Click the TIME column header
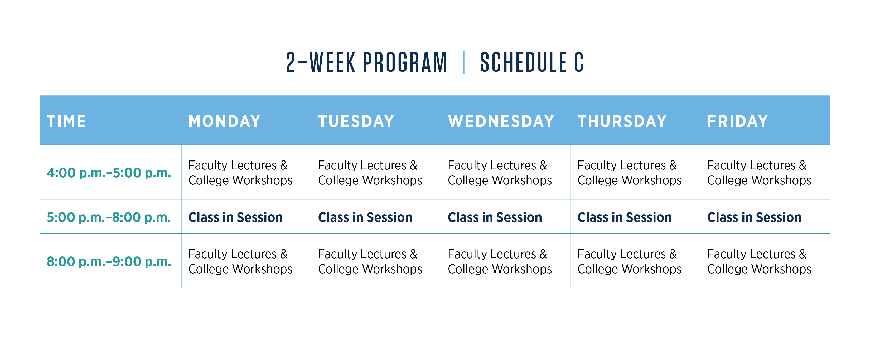(66, 121)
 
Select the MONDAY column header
(225, 121)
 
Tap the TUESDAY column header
(356, 121)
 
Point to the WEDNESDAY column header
(501, 121)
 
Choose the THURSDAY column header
(622, 121)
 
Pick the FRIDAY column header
(738, 121)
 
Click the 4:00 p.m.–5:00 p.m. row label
(109, 173)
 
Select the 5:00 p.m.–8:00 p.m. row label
(109, 217)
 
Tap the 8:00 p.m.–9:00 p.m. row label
(109, 262)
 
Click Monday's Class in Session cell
(235, 217)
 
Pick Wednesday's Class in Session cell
(495, 217)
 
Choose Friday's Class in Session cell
(754, 217)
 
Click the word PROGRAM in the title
(405, 62)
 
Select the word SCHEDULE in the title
(523, 62)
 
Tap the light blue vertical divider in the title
(463, 62)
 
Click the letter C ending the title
(579, 62)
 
